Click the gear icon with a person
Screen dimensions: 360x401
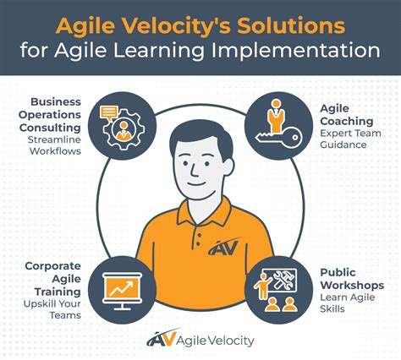point(120,128)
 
